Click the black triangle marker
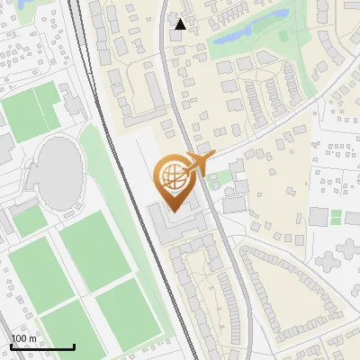click(x=180, y=24)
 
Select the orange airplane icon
click(x=199, y=162)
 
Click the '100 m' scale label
click(x=24, y=337)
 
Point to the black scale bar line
click(x=41, y=346)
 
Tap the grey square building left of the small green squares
click(x=318, y=217)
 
